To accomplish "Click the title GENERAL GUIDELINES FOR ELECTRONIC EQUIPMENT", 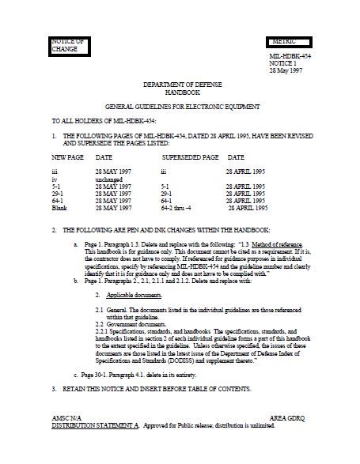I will [179, 106].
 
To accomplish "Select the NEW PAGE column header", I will [66, 157].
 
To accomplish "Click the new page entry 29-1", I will [56, 193].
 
